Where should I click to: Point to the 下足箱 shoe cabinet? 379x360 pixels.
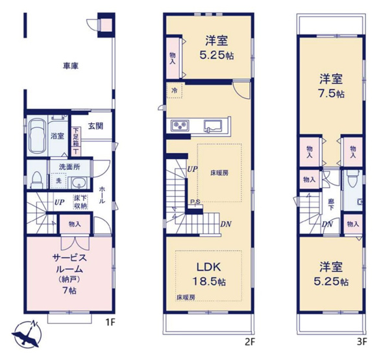[75, 140]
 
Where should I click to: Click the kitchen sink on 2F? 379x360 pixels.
[213, 125]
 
